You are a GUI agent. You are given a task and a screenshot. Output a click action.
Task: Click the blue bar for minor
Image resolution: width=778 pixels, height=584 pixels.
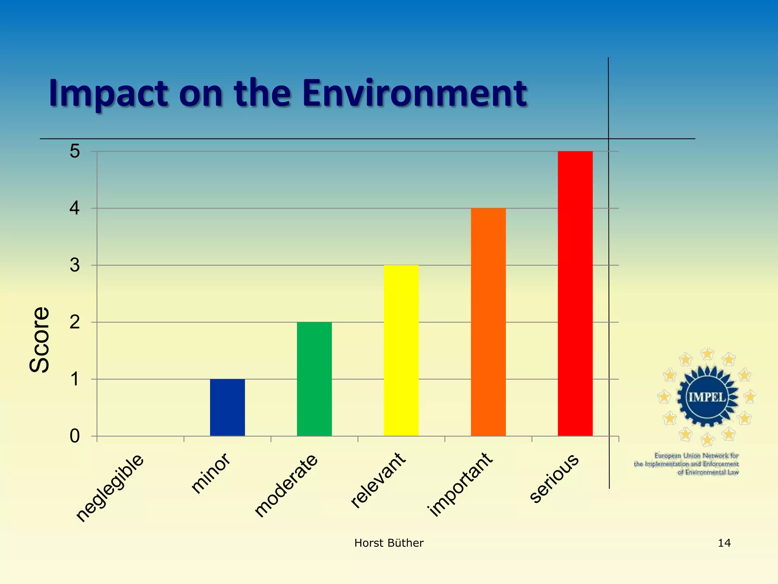pos(227,408)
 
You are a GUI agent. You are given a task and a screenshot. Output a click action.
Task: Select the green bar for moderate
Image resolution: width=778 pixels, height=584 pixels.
pos(314,379)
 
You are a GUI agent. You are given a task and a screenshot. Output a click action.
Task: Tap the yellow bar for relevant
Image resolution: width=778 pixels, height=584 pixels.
pos(401,351)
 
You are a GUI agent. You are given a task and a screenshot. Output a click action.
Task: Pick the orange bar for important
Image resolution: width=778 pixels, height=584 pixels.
pos(488,322)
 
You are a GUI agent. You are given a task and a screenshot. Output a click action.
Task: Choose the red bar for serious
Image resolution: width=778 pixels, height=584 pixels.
pos(575,294)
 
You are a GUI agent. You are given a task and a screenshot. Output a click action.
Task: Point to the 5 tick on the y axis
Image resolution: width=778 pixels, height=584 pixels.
pos(75,151)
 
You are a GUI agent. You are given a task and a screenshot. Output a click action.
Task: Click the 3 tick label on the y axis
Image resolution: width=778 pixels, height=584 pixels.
pos(75,265)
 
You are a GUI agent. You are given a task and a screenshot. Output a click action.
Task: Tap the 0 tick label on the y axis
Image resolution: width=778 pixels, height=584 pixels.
pos(75,436)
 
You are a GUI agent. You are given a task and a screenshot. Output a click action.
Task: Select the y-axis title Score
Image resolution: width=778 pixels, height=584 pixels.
pos(40,339)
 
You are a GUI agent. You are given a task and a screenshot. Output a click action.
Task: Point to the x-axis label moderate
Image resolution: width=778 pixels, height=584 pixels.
pos(286,486)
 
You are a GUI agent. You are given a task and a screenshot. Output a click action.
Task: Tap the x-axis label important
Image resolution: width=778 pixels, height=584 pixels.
pos(460,484)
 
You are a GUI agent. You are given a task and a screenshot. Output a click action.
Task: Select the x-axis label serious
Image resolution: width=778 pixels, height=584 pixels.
pos(554,478)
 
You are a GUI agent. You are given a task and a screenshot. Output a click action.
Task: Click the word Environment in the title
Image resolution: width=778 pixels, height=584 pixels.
pos(414,93)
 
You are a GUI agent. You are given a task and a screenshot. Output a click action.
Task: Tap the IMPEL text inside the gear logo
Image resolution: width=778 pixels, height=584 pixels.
pos(707,397)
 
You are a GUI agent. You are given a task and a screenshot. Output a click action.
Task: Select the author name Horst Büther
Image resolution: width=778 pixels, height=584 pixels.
pos(389,543)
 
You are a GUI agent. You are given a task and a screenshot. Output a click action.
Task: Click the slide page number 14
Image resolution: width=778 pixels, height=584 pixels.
pos(724,543)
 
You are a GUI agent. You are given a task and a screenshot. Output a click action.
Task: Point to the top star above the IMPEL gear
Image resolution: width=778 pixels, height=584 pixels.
pos(707,354)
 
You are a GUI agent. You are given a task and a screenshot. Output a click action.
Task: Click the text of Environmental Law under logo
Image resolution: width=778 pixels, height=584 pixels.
pos(708,473)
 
